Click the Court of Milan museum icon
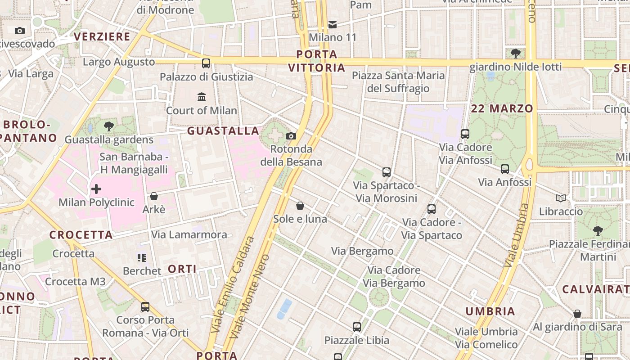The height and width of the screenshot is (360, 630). (202, 97)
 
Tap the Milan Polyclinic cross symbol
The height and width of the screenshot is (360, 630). (96, 189)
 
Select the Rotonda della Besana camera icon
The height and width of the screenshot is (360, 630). (291, 136)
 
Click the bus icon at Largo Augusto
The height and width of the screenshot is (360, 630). (206, 63)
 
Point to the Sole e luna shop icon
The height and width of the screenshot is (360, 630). (300, 206)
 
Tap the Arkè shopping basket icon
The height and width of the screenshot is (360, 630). (154, 196)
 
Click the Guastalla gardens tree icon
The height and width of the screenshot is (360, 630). (108, 126)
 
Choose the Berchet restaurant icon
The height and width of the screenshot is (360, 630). (142, 258)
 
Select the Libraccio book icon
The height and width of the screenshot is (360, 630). (561, 198)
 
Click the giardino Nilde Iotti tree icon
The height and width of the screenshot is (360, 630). (516, 54)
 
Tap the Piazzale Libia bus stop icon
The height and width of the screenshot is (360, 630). (357, 327)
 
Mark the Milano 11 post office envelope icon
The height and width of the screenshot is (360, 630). (333, 24)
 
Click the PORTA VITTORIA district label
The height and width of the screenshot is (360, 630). (317, 61)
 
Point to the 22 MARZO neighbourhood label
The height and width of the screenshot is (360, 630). (502, 108)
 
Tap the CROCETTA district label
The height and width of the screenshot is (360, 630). (81, 235)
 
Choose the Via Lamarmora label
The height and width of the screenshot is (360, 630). (189, 234)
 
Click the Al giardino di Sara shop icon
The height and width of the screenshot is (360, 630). (577, 314)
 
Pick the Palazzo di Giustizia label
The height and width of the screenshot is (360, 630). (207, 77)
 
